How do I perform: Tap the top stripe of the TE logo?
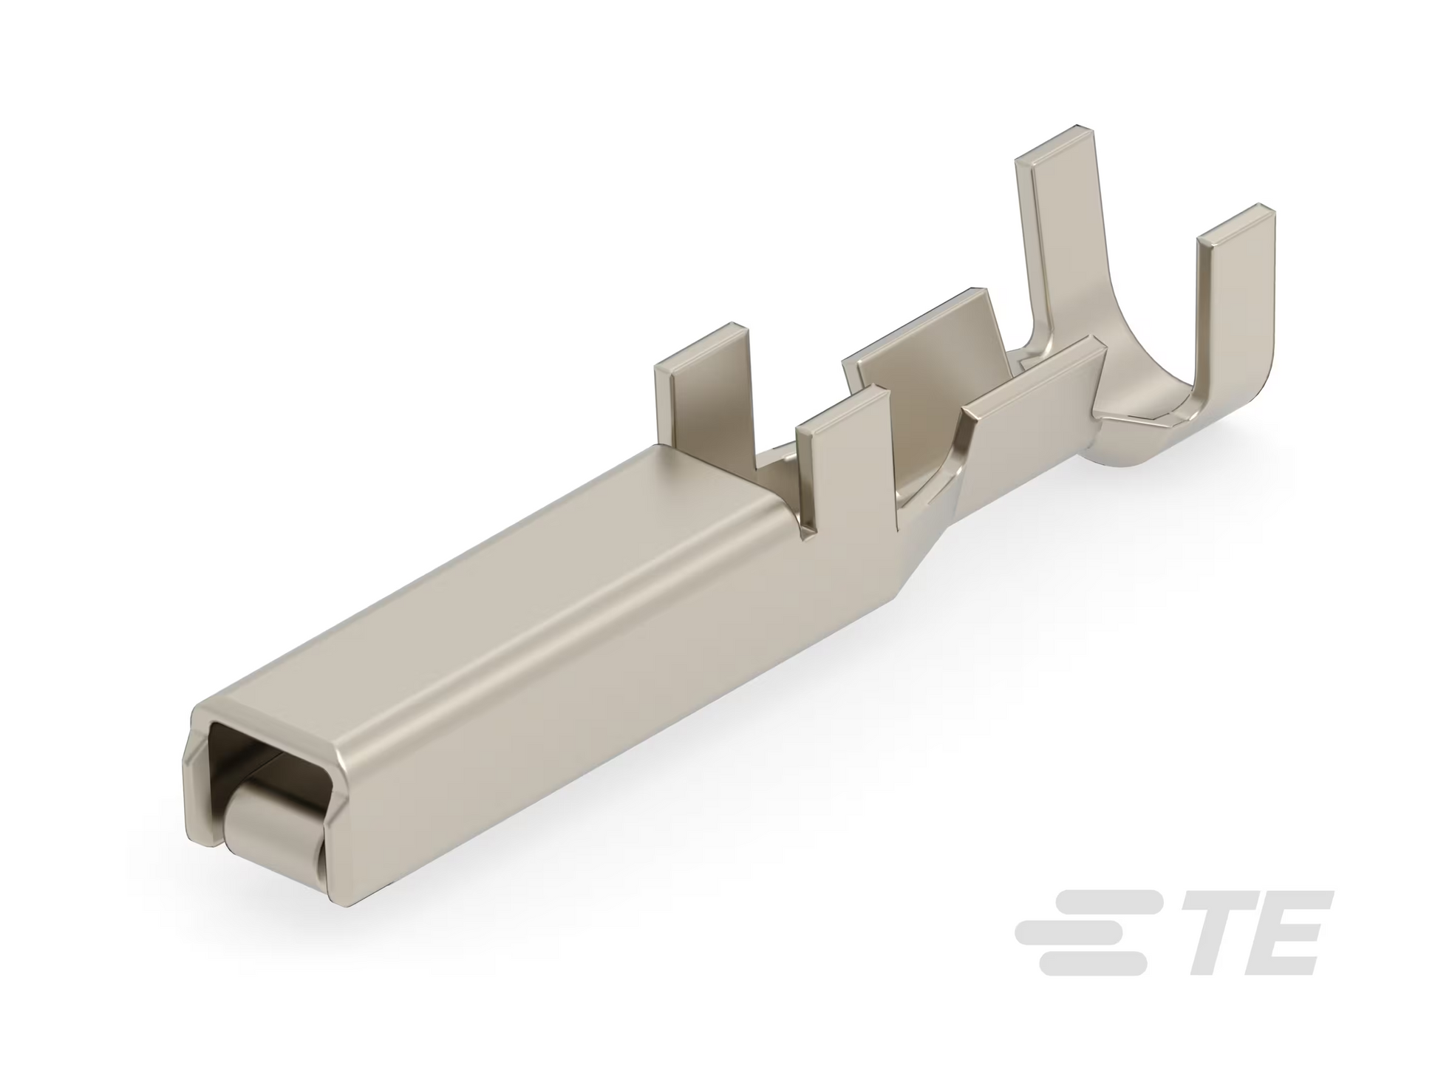pos(1102,902)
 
